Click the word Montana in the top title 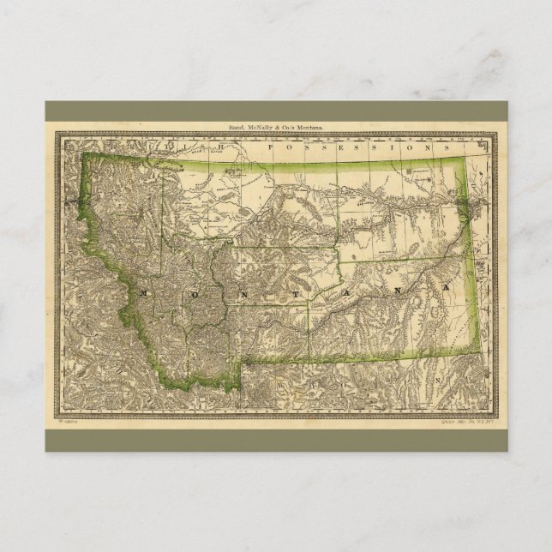pyautogui.click(x=307, y=126)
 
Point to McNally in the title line pyautogui.click(x=261, y=126)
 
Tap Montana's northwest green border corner pyautogui.click(x=83, y=154)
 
